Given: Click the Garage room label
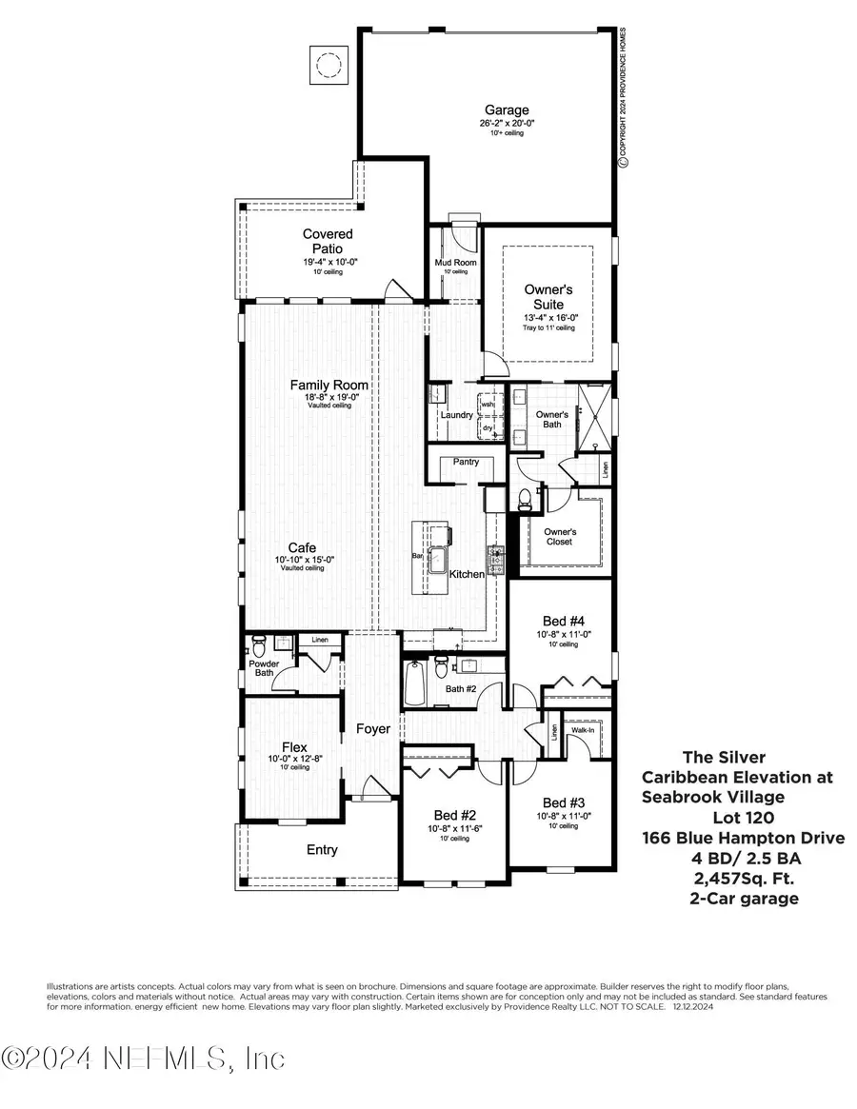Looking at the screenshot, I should [505, 110].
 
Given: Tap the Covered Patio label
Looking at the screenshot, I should [328, 241].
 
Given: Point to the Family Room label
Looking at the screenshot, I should [329, 386].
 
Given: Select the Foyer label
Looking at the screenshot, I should [373, 729].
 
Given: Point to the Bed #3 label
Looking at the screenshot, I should [556, 802].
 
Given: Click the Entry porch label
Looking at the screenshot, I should [322, 850].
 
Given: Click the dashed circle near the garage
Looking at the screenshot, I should [329, 65].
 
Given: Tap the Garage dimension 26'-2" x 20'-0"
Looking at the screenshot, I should [505, 124].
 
